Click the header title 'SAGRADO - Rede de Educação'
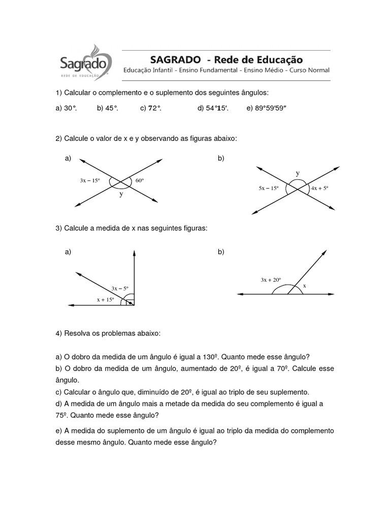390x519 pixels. tap(225, 59)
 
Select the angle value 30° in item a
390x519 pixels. tap(71, 108)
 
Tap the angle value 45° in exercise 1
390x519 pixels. tap(112, 108)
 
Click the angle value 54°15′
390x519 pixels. tap(217, 108)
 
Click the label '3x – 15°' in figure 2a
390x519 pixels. tap(90, 180)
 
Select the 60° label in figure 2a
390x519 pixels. tap(140, 180)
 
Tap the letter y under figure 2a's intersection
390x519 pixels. tap(121, 194)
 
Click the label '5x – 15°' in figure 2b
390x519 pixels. tap(269, 188)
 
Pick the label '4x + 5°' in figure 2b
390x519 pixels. tap(320, 188)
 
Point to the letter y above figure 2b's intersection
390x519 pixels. tap(298, 173)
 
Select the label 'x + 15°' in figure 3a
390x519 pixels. tap(106, 300)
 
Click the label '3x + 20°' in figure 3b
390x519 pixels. tap(271, 279)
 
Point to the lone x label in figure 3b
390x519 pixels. tap(305, 286)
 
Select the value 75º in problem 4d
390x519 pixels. tap(62, 415)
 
